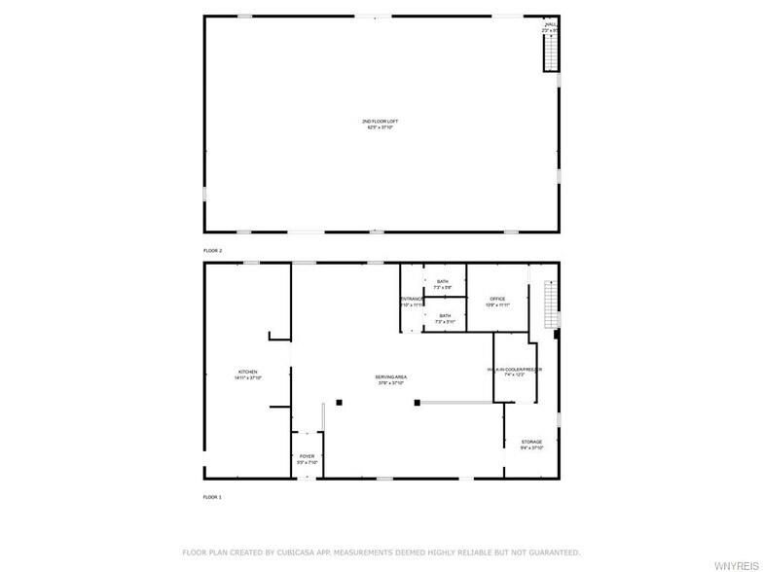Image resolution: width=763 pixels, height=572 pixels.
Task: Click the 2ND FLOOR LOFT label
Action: (381, 122)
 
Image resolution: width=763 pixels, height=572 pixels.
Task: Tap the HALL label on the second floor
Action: (551, 25)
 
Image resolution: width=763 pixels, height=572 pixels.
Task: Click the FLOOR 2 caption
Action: (212, 251)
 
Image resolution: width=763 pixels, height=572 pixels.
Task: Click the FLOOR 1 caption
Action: (212, 497)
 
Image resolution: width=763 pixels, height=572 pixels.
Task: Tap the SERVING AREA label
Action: (391, 377)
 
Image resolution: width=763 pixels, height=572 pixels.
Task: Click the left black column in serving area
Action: (339, 402)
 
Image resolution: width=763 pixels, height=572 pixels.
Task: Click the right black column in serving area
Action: (417, 402)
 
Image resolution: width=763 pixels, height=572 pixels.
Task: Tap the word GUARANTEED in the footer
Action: (550, 552)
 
